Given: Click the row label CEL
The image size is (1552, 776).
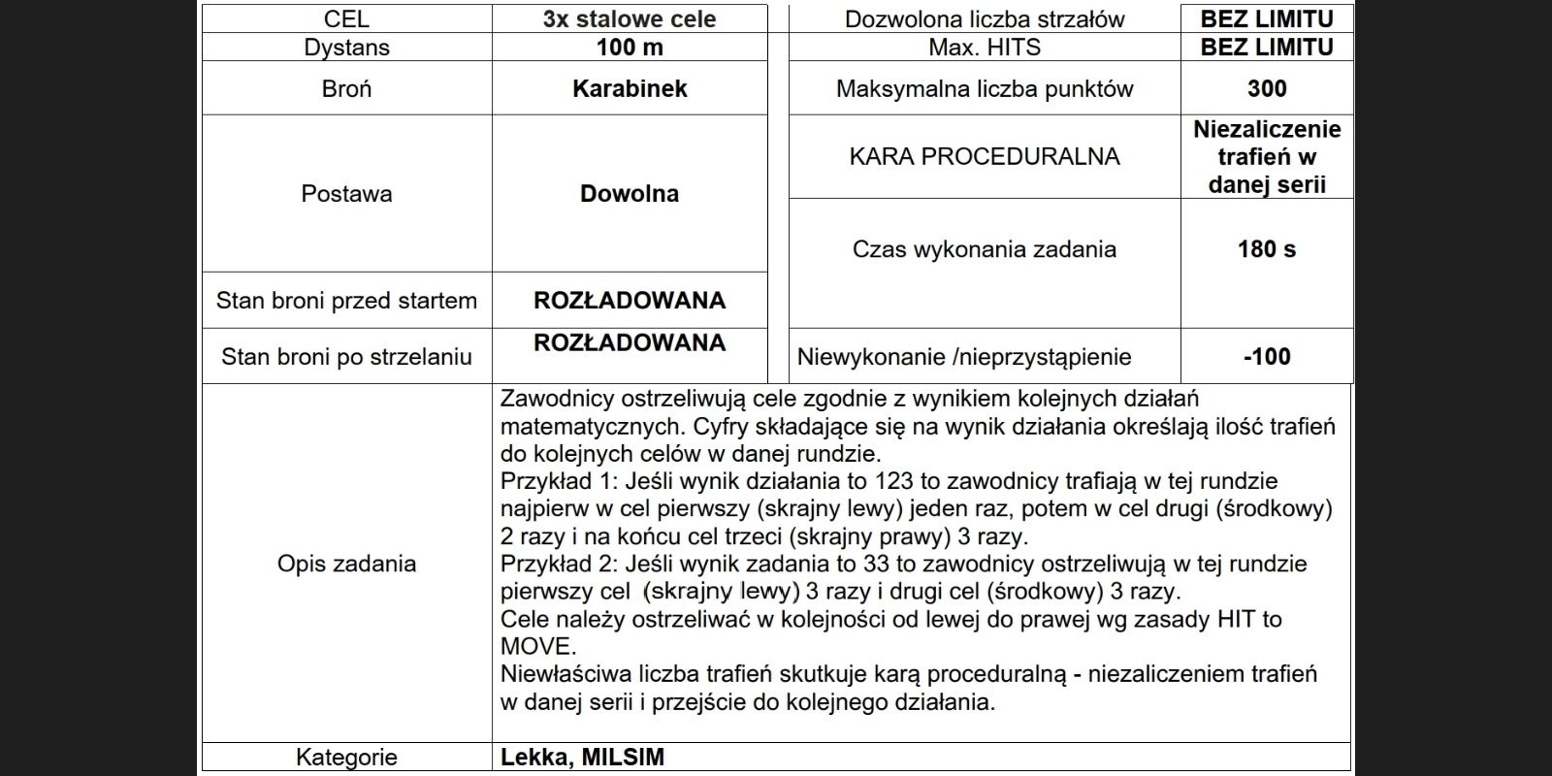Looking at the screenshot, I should pyautogui.click(x=346, y=18).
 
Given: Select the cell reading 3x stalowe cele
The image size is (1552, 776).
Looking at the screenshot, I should pyautogui.click(x=630, y=18).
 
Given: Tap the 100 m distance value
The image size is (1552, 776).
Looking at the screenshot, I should pyautogui.click(x=630, y=47).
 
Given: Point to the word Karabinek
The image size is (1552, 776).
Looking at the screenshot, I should pyautogui.click(x=630, y=88).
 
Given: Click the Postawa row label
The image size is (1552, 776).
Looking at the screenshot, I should pyautogui.click(x=346, y=193).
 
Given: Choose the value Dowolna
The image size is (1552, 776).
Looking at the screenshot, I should pyautogui.click(x=630, y=193).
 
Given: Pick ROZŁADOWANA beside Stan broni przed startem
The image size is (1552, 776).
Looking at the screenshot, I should pyautogui.click(x=630, y=300).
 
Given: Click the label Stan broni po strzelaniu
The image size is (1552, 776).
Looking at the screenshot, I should pyautogui.click(x=346, y=356).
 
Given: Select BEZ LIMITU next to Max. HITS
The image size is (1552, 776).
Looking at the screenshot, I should pyautogui.click(x=1267, y=47).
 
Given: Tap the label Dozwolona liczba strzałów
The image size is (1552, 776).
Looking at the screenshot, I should pyautogui.click(x=985, y=18).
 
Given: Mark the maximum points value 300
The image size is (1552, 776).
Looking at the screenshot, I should pyautogui.click(x=1267, y=88).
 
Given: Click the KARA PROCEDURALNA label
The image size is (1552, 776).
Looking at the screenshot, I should pyautogui.click(x=985, y=156).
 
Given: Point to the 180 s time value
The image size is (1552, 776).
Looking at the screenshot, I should pyautogui.click(x=1267, y=249).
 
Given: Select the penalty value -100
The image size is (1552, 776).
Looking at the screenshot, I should pyautogui.click(x=1267, y=356).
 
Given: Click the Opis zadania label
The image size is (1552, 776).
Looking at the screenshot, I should pyautogui.click(x=346, y=564).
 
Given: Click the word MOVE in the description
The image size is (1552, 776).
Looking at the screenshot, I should pyautogui.click(x=537, y=646).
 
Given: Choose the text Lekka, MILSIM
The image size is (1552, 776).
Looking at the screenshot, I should pyautogui.click(x=582, y=758).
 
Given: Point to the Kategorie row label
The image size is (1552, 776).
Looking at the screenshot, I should pyautogui.click(x=346, y=758).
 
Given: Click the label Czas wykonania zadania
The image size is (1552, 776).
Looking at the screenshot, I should pyautogui.click(x=985, y=249).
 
